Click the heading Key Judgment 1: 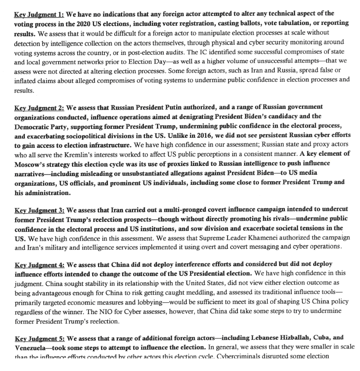(x=39, y=14)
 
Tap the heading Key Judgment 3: (x=39, y=210)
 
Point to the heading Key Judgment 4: (x=39, y=264)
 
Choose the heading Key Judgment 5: (x=39, y=338)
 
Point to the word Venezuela (x=32, y=347)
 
